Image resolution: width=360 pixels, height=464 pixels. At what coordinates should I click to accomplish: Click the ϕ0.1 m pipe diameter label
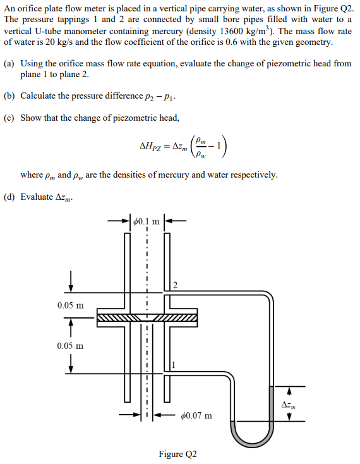145,222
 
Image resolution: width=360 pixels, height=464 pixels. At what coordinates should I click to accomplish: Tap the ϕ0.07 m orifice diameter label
196,415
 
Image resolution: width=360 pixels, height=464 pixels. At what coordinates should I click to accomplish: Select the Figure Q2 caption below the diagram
177,455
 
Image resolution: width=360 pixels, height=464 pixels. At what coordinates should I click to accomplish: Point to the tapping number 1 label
174,363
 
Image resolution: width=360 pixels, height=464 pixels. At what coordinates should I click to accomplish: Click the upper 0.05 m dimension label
69,305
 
